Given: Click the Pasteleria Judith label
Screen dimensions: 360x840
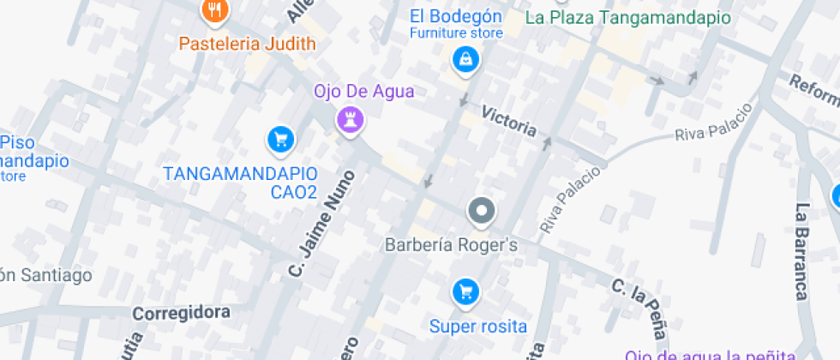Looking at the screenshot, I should pos(247,42).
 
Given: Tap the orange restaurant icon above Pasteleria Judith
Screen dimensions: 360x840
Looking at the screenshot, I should pos(213,11).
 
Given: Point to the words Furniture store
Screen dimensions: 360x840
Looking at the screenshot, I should pos(455,33).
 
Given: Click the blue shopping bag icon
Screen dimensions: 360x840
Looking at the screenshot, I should pos(465,60).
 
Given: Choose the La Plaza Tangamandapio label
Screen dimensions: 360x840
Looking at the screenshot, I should pos(627,17).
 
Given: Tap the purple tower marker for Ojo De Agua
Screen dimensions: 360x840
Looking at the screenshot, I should pos(350,120).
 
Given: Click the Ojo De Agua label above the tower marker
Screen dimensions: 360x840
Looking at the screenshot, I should pos(363,91).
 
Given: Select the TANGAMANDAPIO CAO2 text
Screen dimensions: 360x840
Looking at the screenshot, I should pos(241,183).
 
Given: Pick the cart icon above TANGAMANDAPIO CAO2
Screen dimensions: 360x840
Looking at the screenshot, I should pos(279,140).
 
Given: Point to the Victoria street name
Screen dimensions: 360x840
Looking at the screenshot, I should pos(508,122).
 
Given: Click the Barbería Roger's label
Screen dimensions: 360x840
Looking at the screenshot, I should pos(452,245).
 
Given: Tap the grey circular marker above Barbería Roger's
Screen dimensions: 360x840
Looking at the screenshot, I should pos(482,212).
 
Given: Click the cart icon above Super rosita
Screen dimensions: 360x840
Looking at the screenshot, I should pos(465,293).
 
